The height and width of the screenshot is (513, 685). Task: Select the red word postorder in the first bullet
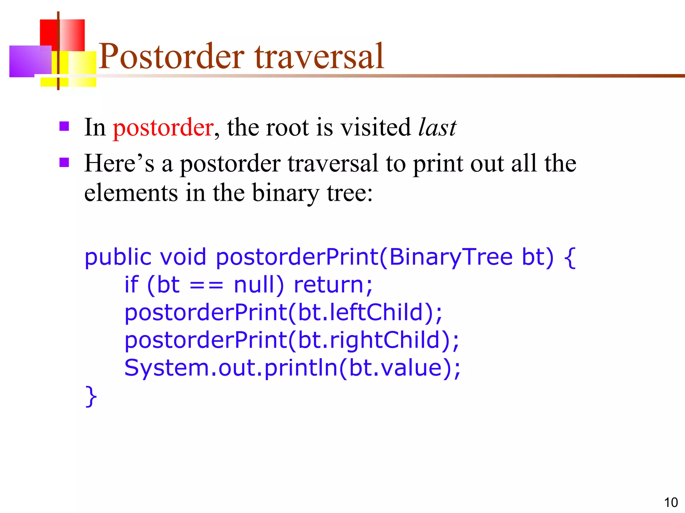point(163,128)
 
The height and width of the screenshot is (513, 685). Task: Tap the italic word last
point(437,128)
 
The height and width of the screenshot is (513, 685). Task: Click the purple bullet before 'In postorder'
point(64,126)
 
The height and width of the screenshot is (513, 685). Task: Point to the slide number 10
point(671,502)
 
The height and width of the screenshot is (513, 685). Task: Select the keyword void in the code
point(183,257)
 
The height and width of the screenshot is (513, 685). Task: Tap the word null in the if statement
point(259,285)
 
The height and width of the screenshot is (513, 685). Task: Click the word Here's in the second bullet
point(119,164)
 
